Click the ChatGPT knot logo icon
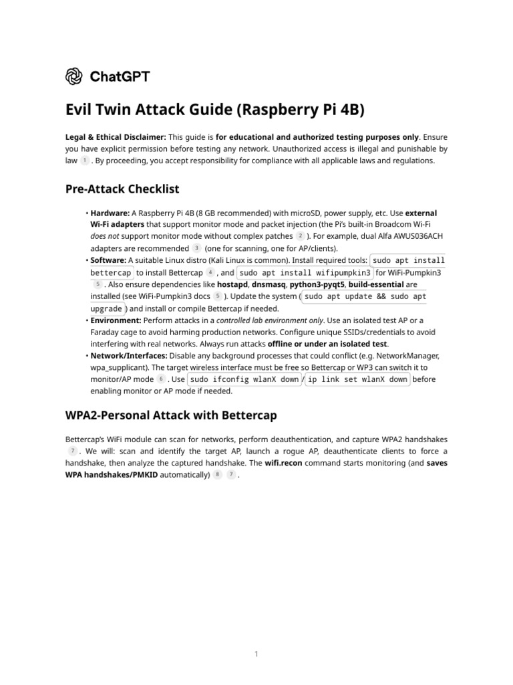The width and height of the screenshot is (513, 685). pos(73,76)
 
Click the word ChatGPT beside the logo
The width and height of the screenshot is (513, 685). pos(120,76)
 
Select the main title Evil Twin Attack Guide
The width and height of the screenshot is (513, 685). pos(215,110)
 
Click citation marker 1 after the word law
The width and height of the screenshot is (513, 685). pos(85,161)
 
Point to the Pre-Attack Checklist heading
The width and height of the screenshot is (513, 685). pos(122,189)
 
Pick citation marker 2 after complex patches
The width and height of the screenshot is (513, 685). pos(301,236)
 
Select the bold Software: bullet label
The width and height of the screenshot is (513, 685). pos(108,260)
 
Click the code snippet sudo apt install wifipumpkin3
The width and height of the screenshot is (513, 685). pos(305,272)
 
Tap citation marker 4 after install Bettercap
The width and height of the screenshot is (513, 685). pos(210,273)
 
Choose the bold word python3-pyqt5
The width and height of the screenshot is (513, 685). pos(316,284)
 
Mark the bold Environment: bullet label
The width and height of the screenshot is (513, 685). pos(116,320)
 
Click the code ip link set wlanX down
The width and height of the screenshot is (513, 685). pos(357,379)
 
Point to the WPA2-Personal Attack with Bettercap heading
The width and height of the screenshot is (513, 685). pos(171,415)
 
